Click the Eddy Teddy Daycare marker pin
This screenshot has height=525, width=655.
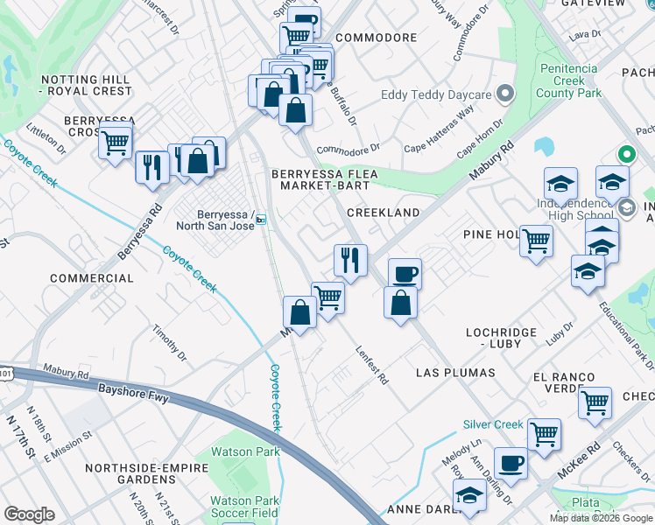(504, 94)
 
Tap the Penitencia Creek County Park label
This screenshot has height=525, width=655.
(568, 80)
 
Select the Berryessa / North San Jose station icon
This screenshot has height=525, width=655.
(261, 220)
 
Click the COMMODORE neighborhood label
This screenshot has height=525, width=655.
(376, 38)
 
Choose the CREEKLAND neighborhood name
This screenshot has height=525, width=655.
(383, 213)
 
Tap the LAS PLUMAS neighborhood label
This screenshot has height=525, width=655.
(455, 373)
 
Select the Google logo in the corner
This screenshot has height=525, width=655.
(29, 514)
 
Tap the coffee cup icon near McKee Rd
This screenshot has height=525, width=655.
(511, 461)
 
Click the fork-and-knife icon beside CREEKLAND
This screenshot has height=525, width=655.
(350, 260)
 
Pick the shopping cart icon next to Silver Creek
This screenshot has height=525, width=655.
(544, 433)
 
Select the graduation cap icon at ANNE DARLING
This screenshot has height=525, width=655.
(470, 497)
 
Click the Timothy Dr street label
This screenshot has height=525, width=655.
(169, 342)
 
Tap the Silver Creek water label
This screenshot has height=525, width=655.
(493, 424)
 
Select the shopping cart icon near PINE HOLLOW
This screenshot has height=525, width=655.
(536, 240)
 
